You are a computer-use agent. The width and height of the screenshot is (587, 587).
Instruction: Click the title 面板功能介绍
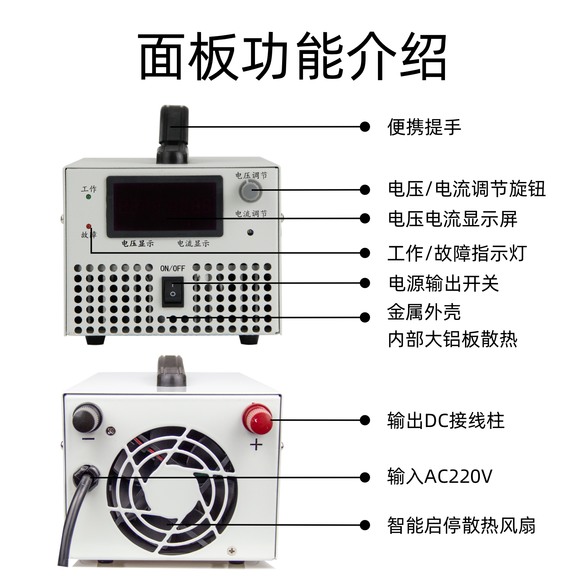point(293,56)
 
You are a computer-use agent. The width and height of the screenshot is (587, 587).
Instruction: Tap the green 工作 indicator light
point(88,197)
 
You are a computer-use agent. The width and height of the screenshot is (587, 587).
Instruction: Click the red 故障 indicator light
point(88,226)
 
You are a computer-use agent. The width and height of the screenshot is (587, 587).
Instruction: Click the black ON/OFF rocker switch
point(173,292)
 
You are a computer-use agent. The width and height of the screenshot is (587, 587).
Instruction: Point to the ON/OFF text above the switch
point(172,269)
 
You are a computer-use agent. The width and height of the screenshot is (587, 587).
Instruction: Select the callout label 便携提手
point(424,127)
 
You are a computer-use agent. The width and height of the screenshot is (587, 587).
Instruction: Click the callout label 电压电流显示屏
point(453,219)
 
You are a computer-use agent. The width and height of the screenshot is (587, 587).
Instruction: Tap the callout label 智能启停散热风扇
point(462,525)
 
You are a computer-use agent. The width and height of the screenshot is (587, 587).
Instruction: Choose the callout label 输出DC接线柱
point(446,420)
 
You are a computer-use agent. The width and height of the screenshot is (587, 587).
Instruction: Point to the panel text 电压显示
point(138,243)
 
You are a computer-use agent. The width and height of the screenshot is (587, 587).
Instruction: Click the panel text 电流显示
point(193,243)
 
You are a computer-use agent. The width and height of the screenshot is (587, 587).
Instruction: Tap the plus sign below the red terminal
point(256,445)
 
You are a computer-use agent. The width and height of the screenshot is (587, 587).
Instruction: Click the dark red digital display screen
point(165,207)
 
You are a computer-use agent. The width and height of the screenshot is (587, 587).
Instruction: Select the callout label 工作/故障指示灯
point(457,253)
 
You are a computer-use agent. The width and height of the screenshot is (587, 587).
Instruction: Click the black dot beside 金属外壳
point(365,317)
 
